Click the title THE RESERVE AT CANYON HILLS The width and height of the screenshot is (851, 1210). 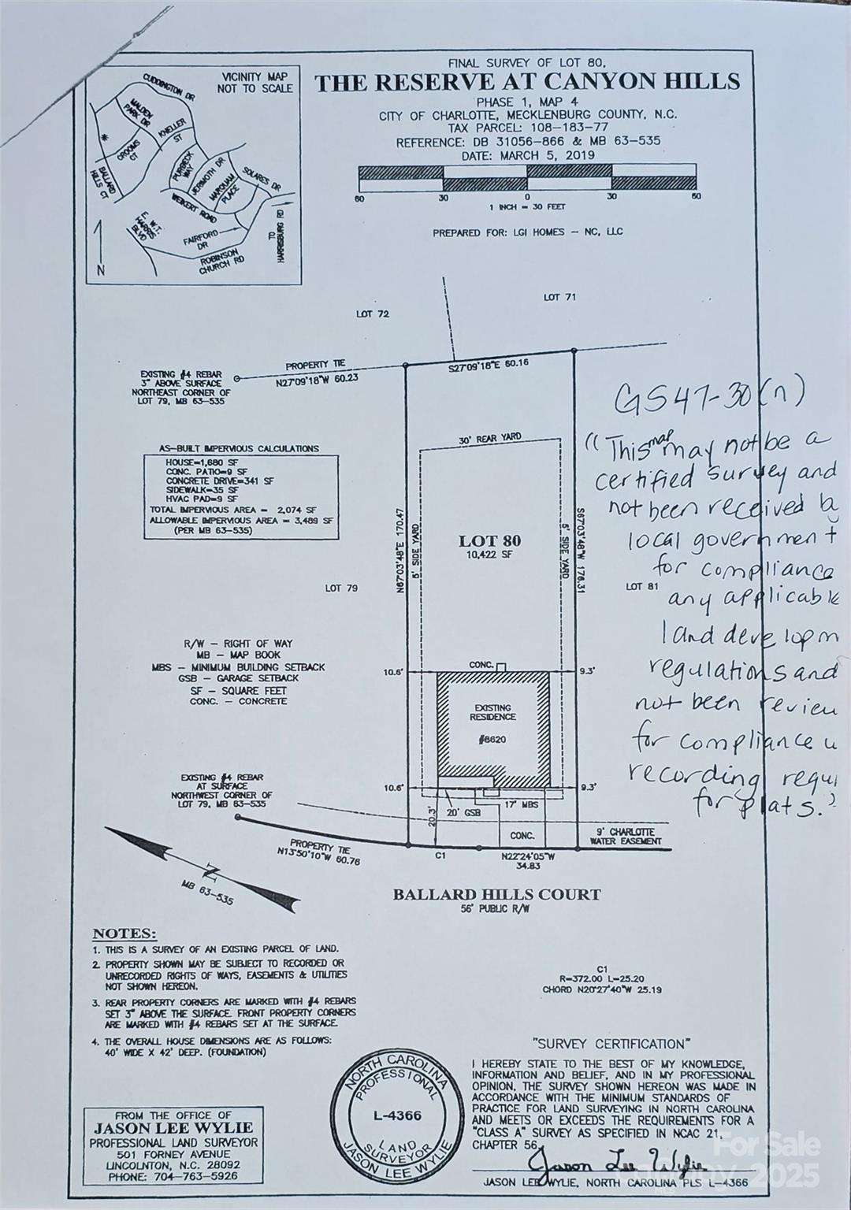coord(527,82)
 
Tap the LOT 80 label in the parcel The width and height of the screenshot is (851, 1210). coord(489,541)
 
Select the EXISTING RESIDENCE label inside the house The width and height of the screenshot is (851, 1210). coord(492,712)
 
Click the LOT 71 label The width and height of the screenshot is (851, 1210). coord(559,297)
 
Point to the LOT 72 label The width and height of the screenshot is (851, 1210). coord(372,314)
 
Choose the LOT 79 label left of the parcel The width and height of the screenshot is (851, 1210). coord(341,588)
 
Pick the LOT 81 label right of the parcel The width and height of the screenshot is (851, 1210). coord(641,586)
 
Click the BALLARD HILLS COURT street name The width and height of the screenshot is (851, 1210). coord(496,894)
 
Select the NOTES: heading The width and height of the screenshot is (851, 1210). coord(124,933)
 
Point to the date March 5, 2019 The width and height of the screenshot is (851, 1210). coord(546,155)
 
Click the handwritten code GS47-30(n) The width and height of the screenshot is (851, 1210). coord(708,396)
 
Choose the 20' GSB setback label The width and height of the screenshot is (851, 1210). coord(463,812)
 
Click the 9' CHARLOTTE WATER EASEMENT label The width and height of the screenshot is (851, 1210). coord(626,836)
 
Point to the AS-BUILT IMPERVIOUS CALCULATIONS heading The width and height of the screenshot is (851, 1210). coord(239,448)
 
